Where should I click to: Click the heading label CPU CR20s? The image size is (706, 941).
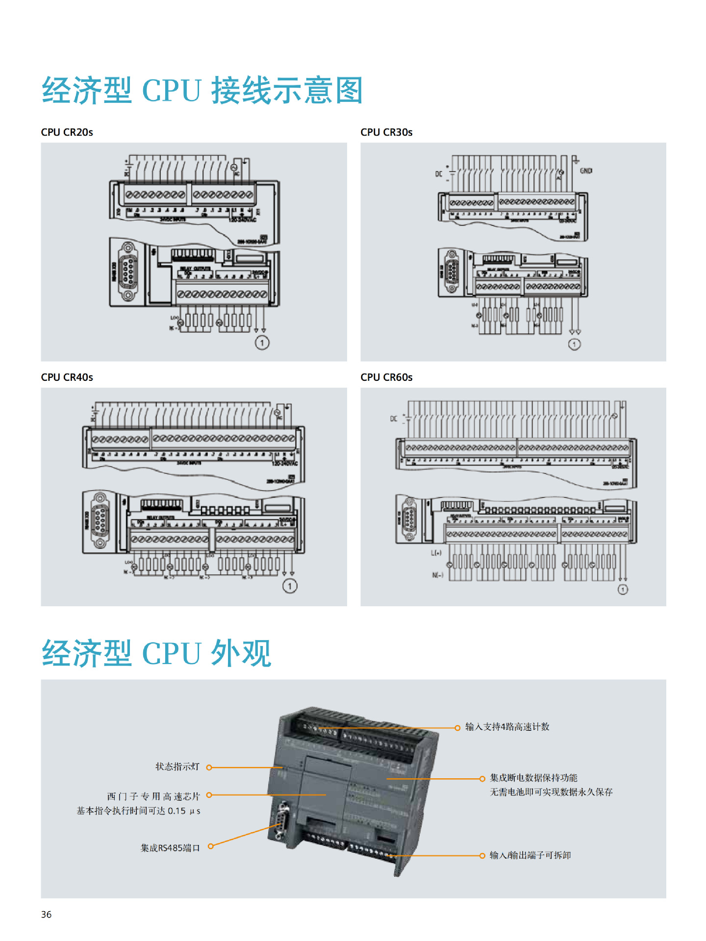tap(67, 132)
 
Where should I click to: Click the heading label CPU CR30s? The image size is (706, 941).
tap(386, 132)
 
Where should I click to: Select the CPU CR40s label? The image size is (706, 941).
tap(67, 377)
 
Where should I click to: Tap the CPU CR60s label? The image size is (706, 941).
tap(386, 377)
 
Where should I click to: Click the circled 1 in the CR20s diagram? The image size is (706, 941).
tap(262, 343)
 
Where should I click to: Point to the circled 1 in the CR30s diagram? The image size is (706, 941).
tap(574, 345)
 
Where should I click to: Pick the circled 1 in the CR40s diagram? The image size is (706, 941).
tap(290, 586)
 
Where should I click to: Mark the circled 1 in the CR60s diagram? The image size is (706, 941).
tap(623, 590)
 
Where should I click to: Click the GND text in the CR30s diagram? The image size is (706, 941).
tap(586, 171)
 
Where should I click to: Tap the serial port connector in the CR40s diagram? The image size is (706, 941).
tap(100, 520)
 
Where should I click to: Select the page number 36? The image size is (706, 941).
tap(46, 915)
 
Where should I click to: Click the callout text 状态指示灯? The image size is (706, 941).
tap(177, 767)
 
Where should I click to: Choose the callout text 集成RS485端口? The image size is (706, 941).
tap(170, 848)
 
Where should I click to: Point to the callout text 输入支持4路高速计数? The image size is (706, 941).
tap(507, 727)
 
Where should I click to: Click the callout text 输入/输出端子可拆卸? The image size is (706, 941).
tap(530, 855)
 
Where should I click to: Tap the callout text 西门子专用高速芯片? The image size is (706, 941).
tap(153, 796)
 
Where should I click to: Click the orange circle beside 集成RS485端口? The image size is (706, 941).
tap(211, 846)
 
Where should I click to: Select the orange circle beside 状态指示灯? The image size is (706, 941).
tap(209, 768)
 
